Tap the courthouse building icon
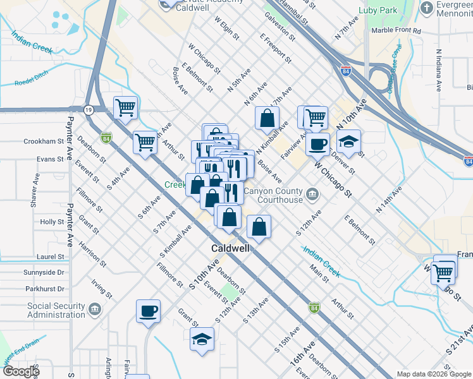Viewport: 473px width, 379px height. pos(312,193)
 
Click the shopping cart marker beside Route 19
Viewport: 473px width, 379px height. pos(125,107)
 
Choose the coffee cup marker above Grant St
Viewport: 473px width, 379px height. pos(148,311)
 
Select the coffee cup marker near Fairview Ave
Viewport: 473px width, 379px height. pos(317,143)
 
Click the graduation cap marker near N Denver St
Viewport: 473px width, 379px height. pos(348,141)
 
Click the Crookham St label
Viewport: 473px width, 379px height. pos(41,141)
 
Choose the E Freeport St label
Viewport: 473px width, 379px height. pos(275,49)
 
